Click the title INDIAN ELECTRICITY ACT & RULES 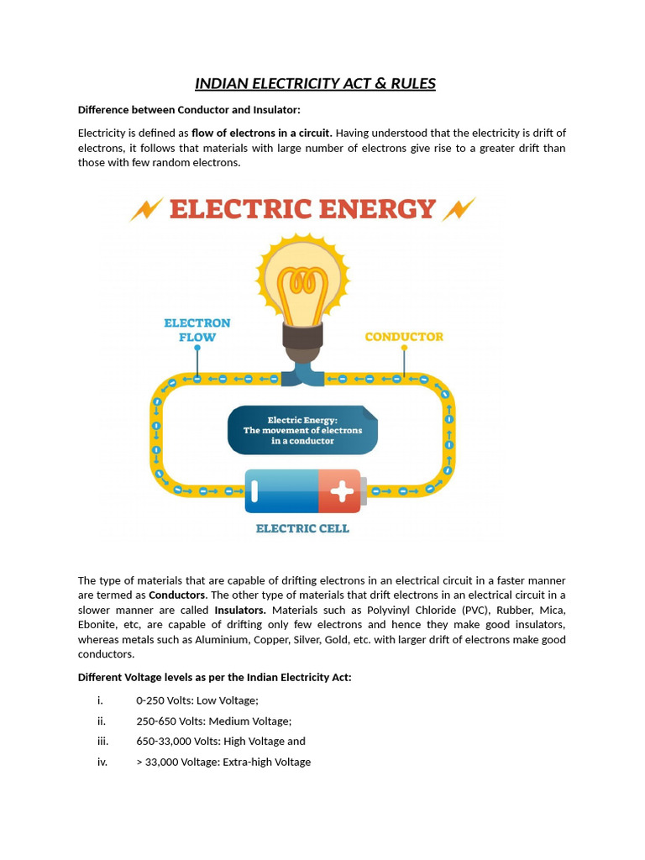[315, 83]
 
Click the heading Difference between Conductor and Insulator [189, 110]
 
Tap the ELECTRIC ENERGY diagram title [302, 208]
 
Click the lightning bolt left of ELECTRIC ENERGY [146, 209]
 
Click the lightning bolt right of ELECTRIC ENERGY [459, 209]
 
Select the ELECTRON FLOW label [197, 330]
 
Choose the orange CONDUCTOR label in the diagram [404, 337]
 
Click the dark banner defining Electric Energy [302, 430]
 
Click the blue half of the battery [281, 491]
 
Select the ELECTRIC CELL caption [302, 529]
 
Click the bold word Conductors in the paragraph [177, 595]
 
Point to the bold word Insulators [240, 610]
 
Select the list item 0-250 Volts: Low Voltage [197, 700]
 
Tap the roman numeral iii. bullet [102, 742]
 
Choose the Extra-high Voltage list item [223, 762]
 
